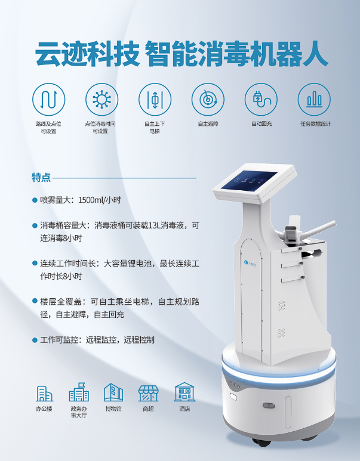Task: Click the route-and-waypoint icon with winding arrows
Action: point(48,100)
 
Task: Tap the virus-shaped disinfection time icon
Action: point(101,100)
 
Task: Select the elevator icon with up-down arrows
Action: point(155,100)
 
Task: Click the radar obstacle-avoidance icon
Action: point(208,100)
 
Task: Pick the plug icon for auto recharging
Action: point(261,100)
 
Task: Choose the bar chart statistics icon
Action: point(314,100)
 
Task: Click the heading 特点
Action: point(41,178)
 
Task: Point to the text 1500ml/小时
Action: point(100,200)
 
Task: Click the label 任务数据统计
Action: point(315,124)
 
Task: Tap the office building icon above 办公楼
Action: point(44,394)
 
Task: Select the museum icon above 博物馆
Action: point(113,392)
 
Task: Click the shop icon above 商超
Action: point(148,394)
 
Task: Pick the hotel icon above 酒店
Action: point(184,392)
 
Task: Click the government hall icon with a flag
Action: point(79,392)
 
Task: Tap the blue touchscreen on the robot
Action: point(249,180)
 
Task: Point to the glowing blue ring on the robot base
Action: point(279,372)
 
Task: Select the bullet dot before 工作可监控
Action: point(35,340)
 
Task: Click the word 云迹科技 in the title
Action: point(87,54)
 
